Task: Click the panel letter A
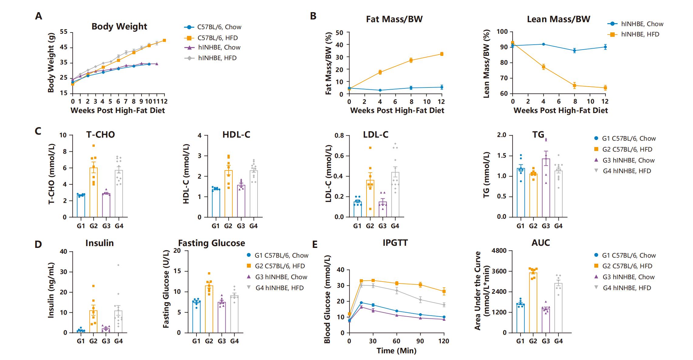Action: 39,16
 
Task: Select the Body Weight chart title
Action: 119,26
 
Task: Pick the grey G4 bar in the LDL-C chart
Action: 395,195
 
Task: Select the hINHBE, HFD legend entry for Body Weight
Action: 217,58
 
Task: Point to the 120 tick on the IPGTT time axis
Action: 444,341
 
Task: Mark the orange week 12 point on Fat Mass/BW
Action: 442,54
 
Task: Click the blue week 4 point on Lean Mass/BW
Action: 544,44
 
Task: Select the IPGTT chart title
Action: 395,243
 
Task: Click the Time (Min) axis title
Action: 396,351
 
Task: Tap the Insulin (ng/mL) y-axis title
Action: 51,290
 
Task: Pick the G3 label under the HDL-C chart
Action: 241,226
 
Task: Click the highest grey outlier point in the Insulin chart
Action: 118,265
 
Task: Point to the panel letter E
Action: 315,245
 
